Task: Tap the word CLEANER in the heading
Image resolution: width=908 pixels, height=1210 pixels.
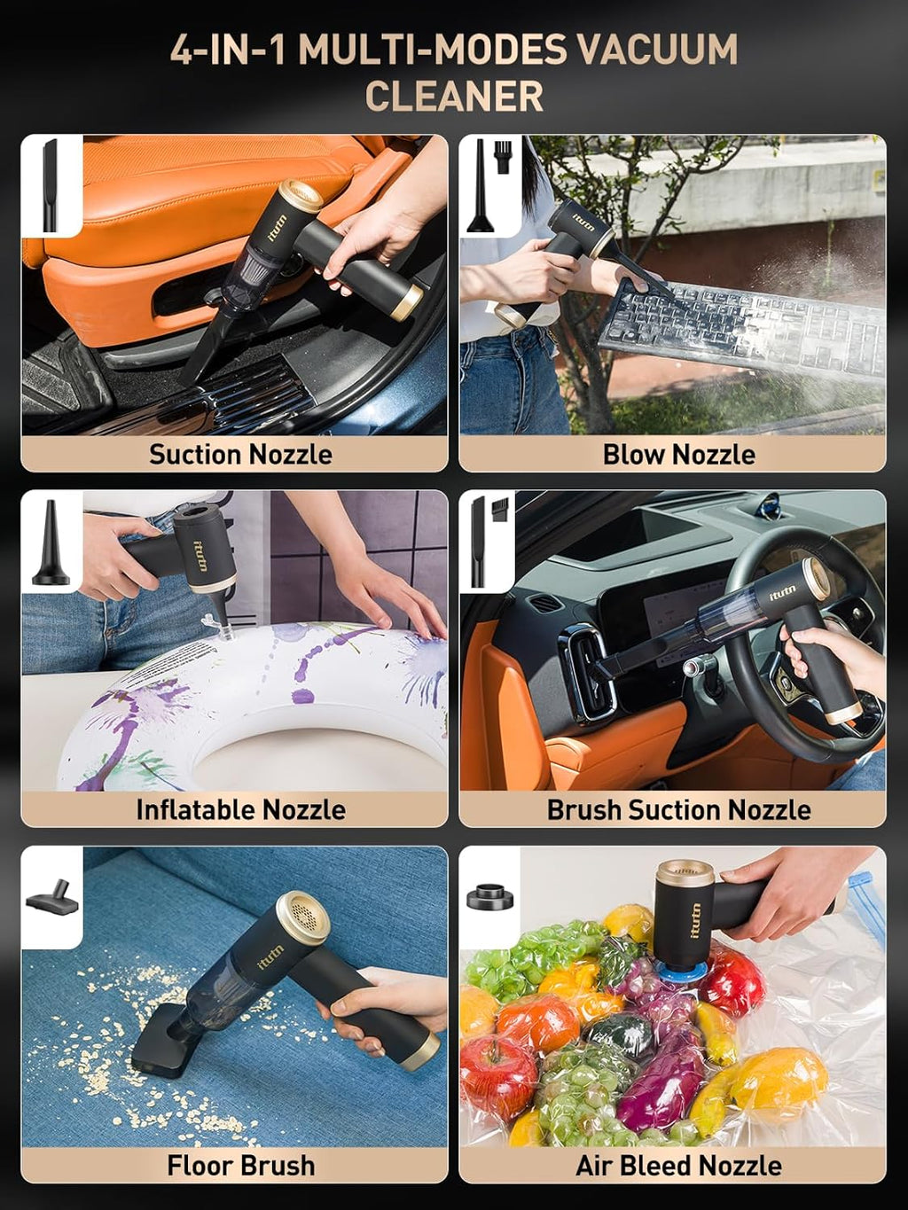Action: (454, 97)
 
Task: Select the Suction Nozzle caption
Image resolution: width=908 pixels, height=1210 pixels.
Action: (240, 455)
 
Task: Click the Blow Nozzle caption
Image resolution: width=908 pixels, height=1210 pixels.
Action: (678, 455)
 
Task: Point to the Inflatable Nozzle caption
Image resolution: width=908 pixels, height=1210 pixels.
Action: (240, 809)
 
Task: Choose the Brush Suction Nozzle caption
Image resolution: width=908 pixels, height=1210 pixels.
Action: (678, 809)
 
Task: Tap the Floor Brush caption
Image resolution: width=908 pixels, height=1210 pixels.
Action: (240, 1165)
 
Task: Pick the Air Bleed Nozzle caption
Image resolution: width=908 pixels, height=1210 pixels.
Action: (678, 1165)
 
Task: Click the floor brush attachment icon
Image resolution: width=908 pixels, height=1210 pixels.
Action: (51, 898)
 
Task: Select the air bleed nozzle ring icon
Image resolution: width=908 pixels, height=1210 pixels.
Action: (490, 896)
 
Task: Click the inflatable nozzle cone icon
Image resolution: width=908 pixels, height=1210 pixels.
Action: (51, 543)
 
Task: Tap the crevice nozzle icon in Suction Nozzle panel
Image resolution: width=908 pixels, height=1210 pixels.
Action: (51, 186)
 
